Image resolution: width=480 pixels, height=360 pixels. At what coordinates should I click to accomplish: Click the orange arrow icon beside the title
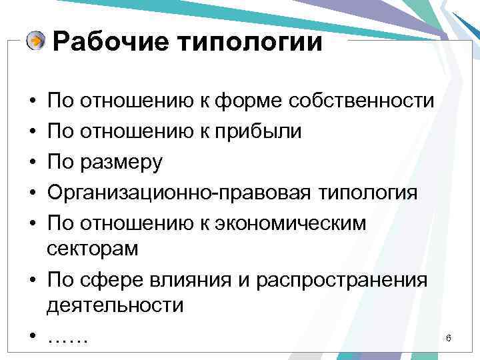point(36,42)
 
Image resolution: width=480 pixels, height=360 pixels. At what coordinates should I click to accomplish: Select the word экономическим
point(297,223)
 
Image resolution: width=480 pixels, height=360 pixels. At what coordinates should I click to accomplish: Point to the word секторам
point(93,249)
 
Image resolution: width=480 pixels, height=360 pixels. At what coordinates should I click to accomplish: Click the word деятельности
point(115,306)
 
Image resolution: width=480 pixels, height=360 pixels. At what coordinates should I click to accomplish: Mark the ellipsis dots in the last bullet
point(68,340)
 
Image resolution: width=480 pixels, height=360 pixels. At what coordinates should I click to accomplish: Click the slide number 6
point(449,339)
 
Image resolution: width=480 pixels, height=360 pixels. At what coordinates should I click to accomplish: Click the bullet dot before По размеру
point(32,163)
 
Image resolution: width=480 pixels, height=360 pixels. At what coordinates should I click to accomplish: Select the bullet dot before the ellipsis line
point(32,337)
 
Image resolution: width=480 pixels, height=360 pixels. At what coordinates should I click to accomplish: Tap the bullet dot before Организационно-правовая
point(32,193)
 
